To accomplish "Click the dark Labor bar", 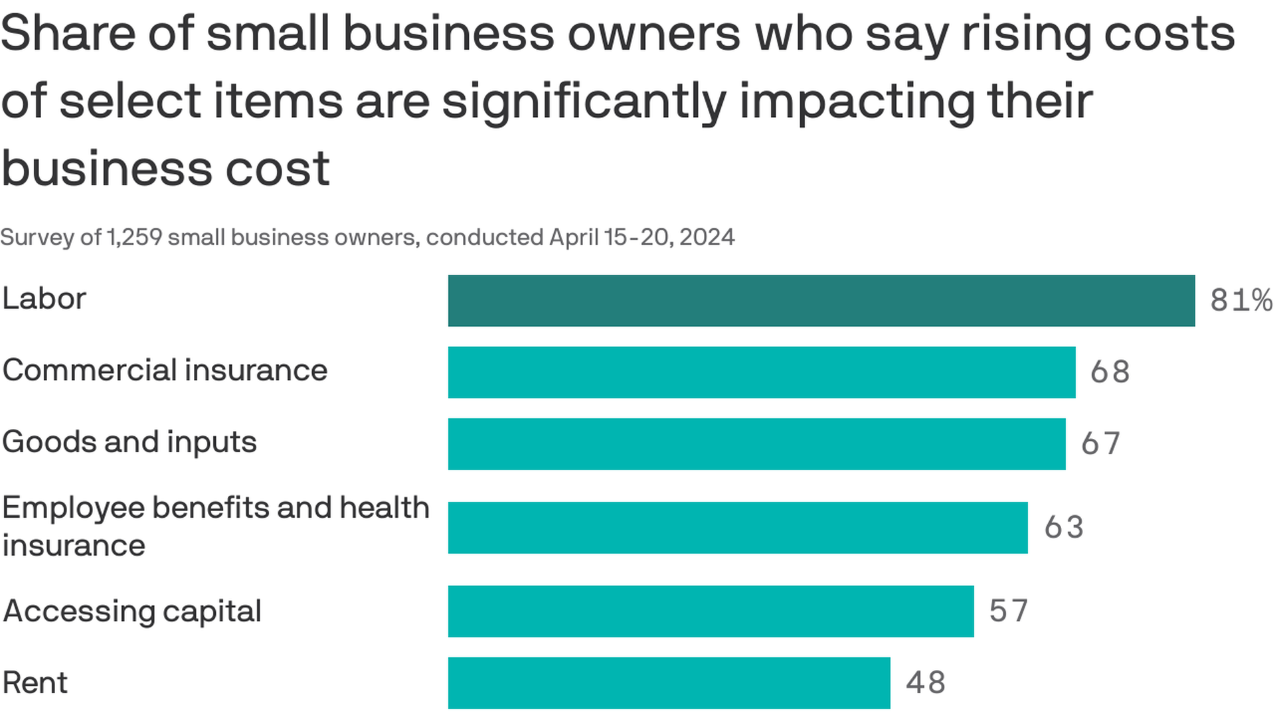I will [821, 301].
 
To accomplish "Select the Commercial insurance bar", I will [761, 372].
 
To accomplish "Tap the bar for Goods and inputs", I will [756, 444].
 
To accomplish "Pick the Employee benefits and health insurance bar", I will [737, 528].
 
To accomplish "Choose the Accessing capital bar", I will [711, 611].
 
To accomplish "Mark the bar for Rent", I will [669, 683].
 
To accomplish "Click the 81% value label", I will [1240, 300].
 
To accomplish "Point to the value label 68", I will [1110, 372].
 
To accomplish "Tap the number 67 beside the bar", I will [1100, 443].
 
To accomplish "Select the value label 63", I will [1063, 527].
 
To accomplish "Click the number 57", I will [1008, 611].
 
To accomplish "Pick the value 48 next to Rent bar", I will [925, 682].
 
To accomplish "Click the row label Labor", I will [44, 299].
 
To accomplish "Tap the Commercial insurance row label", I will [165, 370].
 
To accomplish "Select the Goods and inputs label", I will [129, 442].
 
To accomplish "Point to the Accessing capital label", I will [131, 611].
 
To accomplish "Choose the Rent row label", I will [35, 683].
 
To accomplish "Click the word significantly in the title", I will [584, 102].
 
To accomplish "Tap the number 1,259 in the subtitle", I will [134, 237].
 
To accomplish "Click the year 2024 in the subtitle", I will [707, 237].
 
